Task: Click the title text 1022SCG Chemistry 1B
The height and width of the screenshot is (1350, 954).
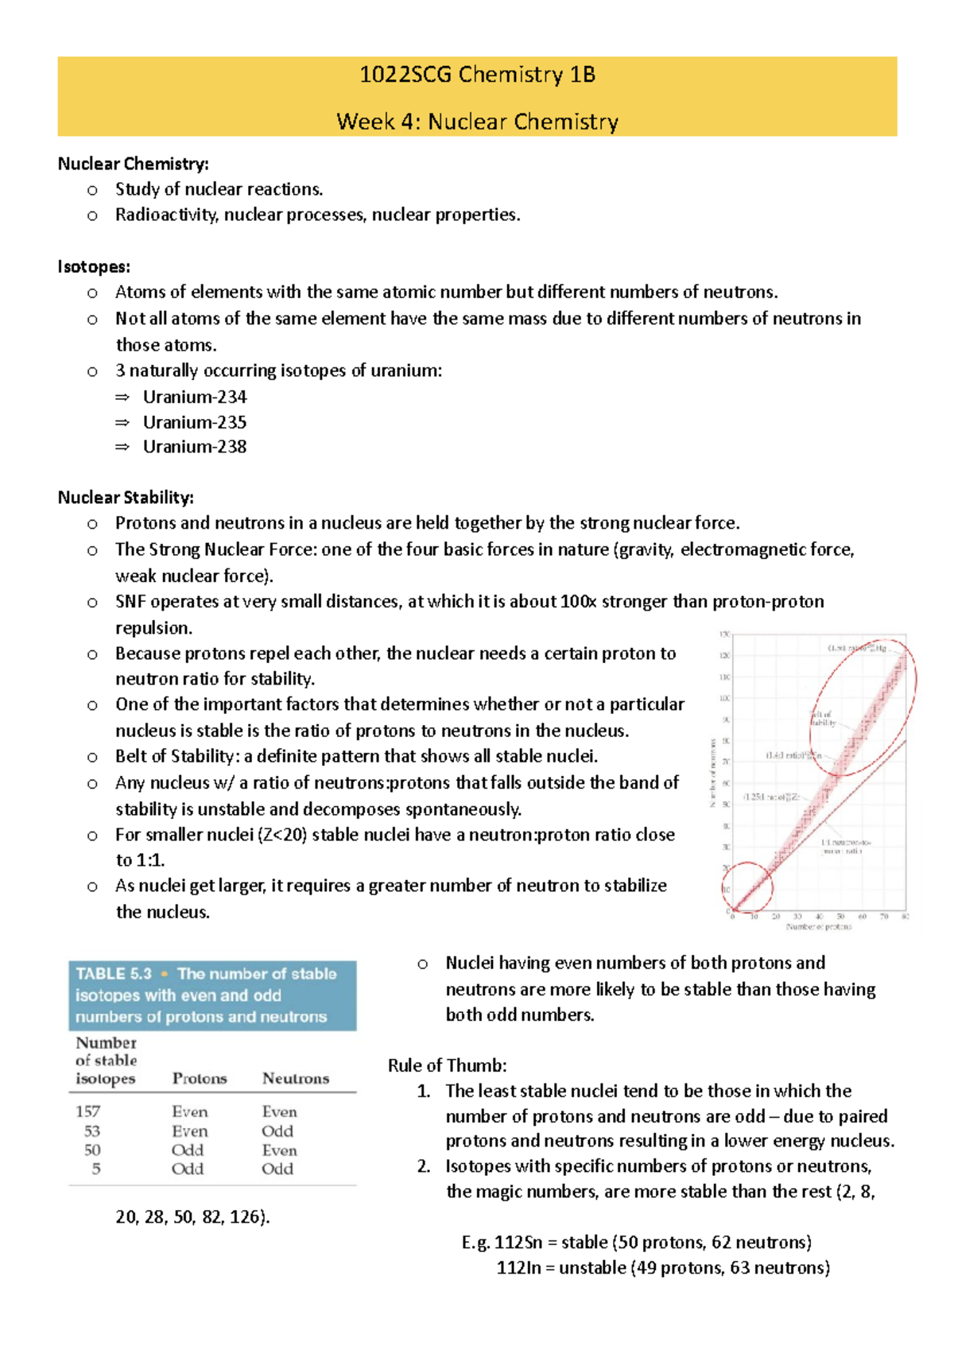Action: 477,75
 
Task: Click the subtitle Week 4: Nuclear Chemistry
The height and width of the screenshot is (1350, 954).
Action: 477,122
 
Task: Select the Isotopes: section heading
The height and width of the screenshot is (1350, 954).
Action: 94,266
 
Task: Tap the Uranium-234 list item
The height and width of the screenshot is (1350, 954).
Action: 195,397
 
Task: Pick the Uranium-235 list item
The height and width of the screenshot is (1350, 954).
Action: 195,422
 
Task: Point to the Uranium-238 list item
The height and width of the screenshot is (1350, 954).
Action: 195,447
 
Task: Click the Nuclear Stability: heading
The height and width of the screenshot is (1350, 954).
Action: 126,498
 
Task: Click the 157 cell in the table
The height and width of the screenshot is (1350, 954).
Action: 88,1111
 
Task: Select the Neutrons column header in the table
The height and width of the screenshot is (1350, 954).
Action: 296,1079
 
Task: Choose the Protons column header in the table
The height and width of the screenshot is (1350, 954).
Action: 200,1079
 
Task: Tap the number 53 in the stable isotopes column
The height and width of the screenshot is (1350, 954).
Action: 92,1131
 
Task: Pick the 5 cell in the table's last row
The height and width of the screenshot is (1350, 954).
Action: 96,1169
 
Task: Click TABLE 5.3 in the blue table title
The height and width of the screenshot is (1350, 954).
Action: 114,974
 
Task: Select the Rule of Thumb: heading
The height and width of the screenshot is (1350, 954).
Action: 447,1065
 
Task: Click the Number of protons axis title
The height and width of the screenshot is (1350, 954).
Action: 818,927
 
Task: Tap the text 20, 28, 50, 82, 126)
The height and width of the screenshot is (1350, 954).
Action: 192,1216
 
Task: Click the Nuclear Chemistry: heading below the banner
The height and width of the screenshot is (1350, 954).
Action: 133,164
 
